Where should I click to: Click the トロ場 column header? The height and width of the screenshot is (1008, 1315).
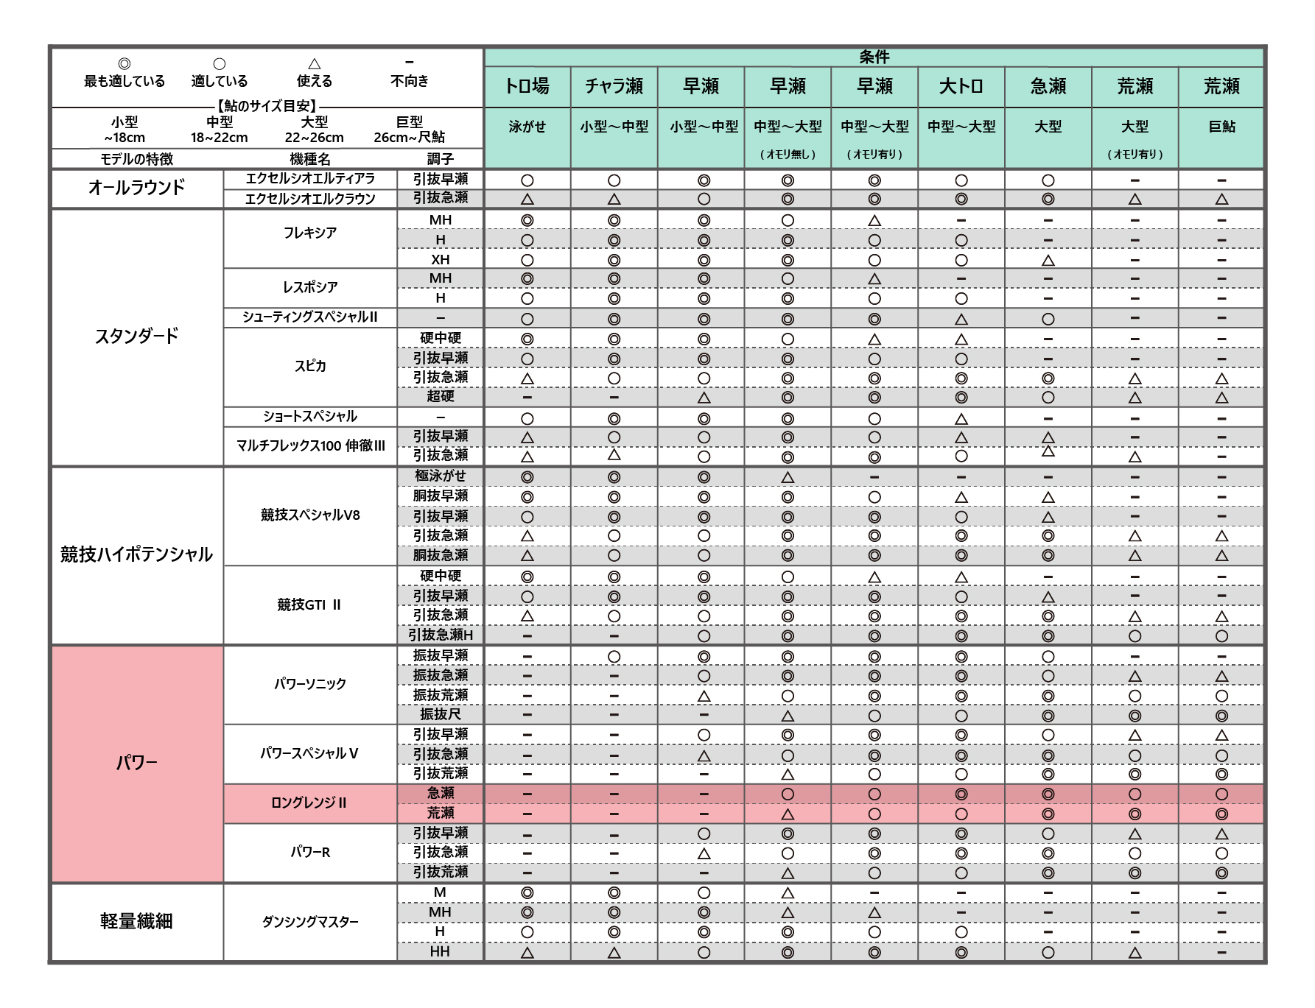[527, 87]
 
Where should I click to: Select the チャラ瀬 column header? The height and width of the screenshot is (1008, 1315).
[614, 87]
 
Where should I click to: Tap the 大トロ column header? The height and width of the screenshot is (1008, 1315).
[961, 87]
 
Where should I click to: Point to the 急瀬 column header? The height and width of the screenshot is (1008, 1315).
[1048, 87]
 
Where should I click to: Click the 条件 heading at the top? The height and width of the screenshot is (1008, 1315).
[874, 57]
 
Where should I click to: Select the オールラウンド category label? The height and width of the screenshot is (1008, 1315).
[136, 188]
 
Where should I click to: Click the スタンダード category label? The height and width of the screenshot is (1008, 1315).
[136, 336]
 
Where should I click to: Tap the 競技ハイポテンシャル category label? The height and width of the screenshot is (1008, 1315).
[136, 554]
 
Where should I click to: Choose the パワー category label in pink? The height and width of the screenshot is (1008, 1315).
[136, 763]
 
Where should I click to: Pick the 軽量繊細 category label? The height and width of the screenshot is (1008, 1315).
[136, 921]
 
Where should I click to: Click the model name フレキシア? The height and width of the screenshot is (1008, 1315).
[310, 233]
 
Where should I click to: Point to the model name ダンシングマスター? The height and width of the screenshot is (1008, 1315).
[310, 922]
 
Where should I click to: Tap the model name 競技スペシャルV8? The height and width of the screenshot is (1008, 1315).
[310, 515]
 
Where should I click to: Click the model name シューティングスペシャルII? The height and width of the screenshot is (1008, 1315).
[310, 317]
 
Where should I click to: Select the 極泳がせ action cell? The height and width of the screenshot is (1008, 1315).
[440, 476]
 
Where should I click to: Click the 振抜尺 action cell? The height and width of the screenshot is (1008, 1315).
[440, 714]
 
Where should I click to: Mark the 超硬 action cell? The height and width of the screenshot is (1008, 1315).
[440, 396]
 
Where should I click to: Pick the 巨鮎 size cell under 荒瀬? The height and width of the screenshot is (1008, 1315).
[1221, 127]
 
